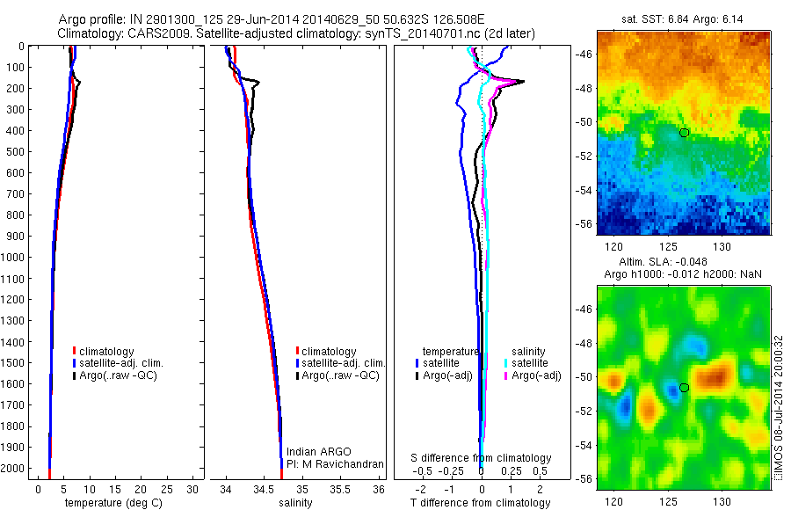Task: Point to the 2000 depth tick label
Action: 14,469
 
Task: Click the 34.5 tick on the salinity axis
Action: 264,489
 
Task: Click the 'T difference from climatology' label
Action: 481,503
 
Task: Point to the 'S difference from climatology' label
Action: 482,458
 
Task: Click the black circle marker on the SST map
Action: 684,132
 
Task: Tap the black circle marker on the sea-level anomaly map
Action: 684,387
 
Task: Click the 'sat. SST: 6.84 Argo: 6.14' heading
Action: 683,18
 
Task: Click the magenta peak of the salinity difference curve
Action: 521,82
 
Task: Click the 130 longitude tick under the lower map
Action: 722,501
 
